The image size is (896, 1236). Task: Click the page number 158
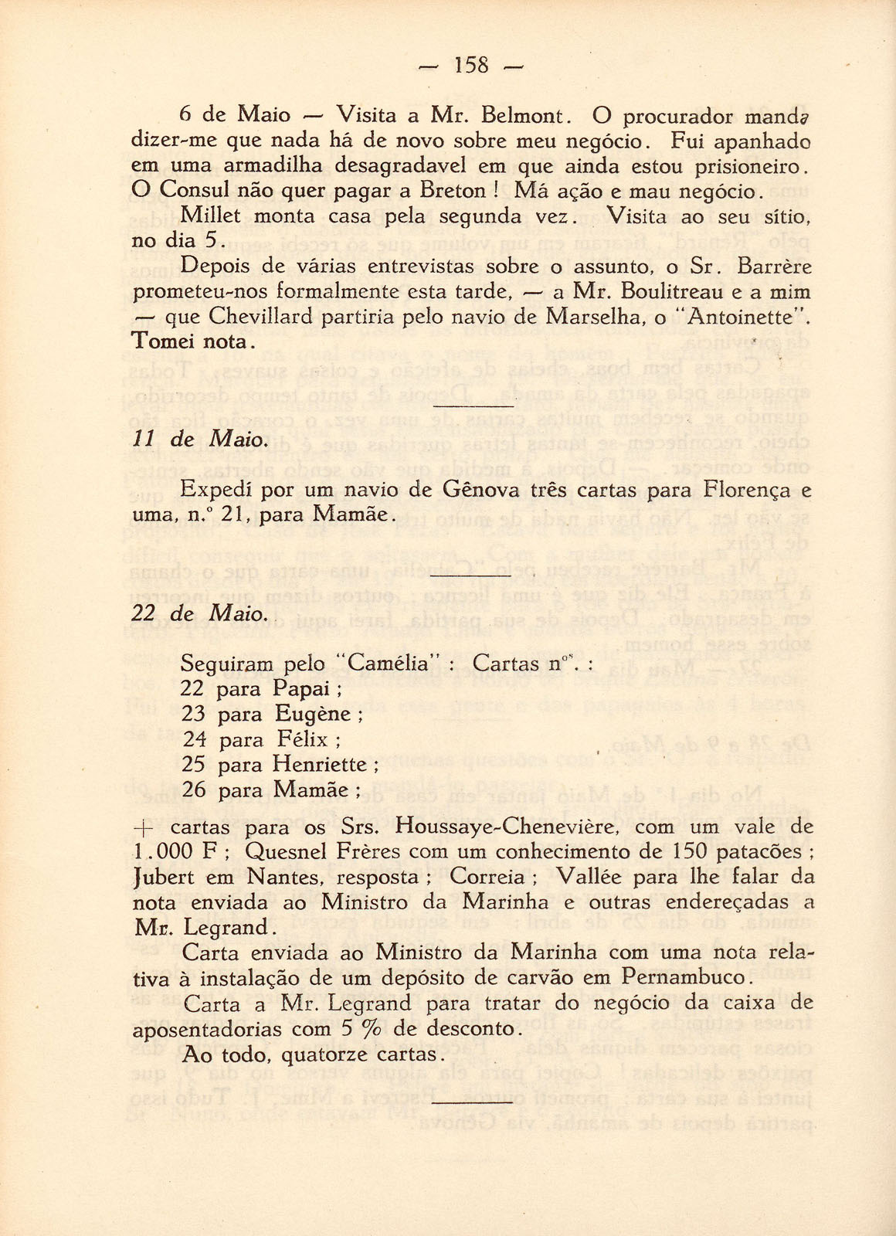(x=472, y=64)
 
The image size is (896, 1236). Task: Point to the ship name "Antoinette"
(x=746, y=317)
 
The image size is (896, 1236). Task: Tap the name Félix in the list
(x=303, y=739)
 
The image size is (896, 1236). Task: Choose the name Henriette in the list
(x=320, y=765)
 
